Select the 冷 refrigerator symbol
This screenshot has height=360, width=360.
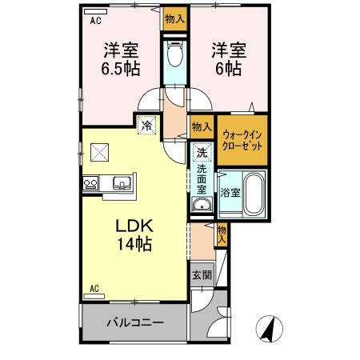point(146,124)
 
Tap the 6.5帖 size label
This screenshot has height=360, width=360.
point(120,69)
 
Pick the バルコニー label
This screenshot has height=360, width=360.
point(135,324)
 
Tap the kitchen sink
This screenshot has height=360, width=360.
point(121,183)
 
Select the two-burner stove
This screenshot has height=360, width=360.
point(90,184)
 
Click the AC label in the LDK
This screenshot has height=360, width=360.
point(94,288)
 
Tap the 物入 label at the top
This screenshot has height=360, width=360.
point(174,18)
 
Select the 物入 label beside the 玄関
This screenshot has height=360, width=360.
point(222,234)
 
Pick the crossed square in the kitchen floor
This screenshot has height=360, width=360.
point(99,150)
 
